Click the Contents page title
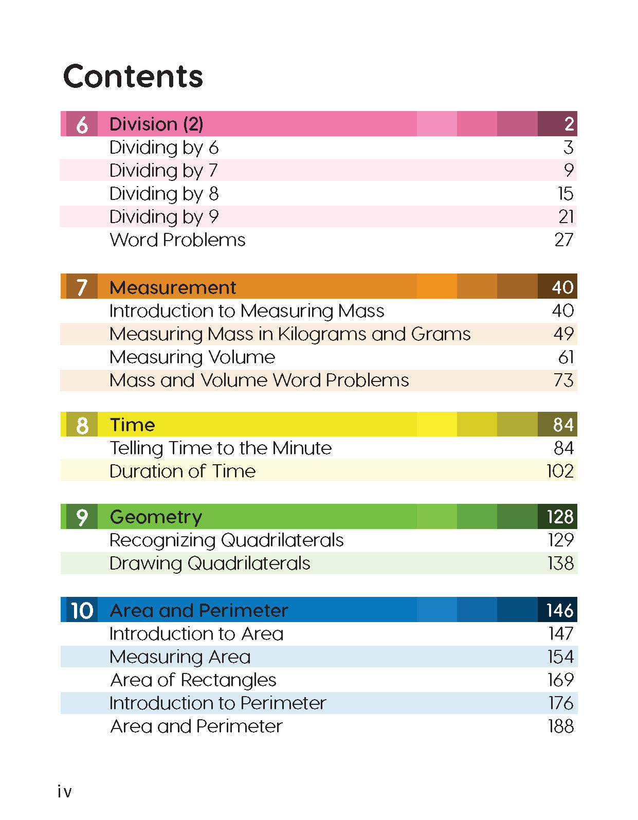[x=133, y=77]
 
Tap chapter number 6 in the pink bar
[x=82, y=125]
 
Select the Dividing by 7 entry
[x=163, y=171]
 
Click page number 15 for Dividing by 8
[x=565, y=194]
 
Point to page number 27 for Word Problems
[x=563, y=240]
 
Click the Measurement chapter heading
[x=173, y=287]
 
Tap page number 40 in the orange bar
[x=562, y=287]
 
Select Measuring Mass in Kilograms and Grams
[x=290, y=334]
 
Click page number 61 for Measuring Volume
[x=566, y=357]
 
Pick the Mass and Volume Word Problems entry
[x=259, y=380]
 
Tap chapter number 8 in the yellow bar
[x=82, y=426]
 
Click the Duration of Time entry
[x=183, y=471]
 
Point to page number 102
[x=560, y=471]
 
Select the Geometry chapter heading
[x=156, y=517]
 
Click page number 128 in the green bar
[x=560, y=517]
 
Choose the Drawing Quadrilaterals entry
[x=210, y=563]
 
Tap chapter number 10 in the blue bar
[x=82, y=611]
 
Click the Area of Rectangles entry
[x=193, y=680]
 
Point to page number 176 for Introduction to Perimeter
[x=560, y=703]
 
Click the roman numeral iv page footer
[x=65, y=792]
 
